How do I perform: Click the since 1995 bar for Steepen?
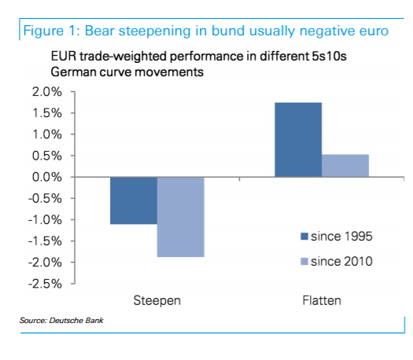tap(133, 200)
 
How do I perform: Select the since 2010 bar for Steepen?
tap(180, 217)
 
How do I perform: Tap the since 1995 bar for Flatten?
tap(298, 139)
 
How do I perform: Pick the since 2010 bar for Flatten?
tap(345, 165)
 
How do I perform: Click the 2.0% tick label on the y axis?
tap(46, 92)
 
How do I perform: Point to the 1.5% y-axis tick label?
tap(46, 113)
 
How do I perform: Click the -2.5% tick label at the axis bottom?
tap(44, 283)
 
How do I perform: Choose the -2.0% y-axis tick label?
tap(44, 262)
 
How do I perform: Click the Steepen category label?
tap(157, 301)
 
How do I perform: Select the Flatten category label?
tap(322, 301)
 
